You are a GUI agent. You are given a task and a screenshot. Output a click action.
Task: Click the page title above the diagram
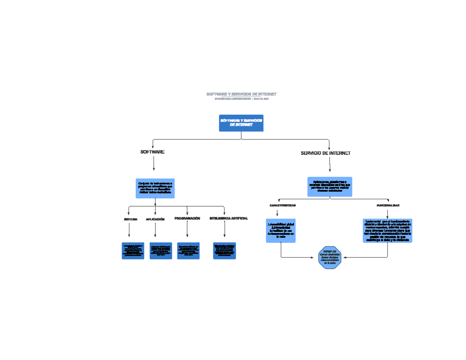click(x=241, y=94)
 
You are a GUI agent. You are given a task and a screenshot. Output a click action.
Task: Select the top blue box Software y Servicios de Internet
click(x=241, y=123)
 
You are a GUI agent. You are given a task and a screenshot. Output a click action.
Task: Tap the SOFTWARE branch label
click(x=152, y=152)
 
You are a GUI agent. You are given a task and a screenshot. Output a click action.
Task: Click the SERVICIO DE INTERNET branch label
click(x=325, y=153)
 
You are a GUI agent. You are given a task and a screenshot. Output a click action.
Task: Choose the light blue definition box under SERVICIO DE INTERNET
click(x=330, y=186)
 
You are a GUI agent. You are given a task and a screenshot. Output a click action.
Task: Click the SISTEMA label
click(x=130, y=219)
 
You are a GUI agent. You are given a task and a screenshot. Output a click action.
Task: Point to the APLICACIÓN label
click(x=155, y=219)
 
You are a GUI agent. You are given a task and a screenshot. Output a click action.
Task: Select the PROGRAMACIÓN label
click(x=187, y=219)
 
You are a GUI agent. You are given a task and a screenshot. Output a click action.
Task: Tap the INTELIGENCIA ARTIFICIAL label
click(x=228, y=219)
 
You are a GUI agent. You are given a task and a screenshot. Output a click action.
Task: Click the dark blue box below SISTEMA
click(x=133, y=251)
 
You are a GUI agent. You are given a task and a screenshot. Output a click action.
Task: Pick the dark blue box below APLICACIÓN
click(x=161, y=251)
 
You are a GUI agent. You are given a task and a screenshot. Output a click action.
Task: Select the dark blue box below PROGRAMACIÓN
click(x=188, y=251)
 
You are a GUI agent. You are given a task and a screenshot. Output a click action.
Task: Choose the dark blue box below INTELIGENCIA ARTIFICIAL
click(x=224, y=251)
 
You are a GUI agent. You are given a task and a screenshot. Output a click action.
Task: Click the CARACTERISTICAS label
click(x=283, y=205)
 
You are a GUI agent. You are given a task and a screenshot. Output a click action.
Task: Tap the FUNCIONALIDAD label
click(x=388, y=205)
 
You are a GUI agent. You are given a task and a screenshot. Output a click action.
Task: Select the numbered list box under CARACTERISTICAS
click(x=281, y=231)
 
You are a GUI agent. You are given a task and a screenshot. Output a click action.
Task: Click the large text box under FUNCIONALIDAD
click(x=388, y=231)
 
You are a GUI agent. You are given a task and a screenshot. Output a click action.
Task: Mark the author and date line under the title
click(x=241, y=99)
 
